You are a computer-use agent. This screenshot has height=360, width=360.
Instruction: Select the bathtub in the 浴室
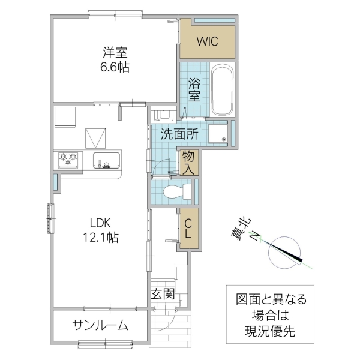pos(221,90)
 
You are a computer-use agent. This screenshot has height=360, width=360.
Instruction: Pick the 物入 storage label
pos(188,162)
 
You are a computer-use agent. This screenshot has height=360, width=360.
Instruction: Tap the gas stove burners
pos(68,159)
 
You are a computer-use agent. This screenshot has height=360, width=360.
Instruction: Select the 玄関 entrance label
pos(162,295)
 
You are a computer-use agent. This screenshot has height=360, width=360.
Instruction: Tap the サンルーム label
pos(101,326)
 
